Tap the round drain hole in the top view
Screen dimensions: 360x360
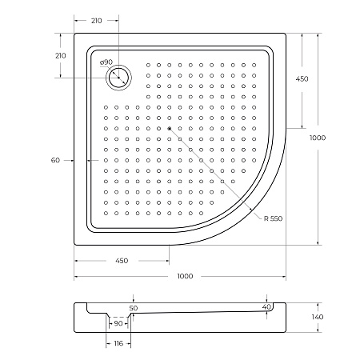pyautogui.click(x=119, y=77)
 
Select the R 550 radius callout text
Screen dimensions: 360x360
pyautogui.click(x=270, y=218)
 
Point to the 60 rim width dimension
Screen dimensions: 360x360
pyautogui.click(x=55, y=161)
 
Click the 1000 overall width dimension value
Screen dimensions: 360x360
pyautogui.click(x=185, y=276)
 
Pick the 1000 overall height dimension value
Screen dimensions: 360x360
pyautogui.click(x=318, y=138)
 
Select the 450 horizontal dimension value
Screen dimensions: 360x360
pyautogui.click(x=122, y=261)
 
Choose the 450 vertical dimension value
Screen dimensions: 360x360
pyautogui.click(x=302, y=79)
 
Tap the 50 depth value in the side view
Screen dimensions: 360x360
pyautogui.click(x=133, y=308)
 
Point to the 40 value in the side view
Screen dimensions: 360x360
pyautogui.click(x=266, y=306)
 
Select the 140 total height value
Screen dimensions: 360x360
pyautogui.click(x=317, y=318)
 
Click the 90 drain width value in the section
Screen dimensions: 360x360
pyautogui.click(x=118, y=323)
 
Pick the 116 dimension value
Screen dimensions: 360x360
pyautogui.click(x=118, y=342)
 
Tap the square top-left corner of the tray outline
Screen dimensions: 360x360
pyautogui.click(x=75, y=34)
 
